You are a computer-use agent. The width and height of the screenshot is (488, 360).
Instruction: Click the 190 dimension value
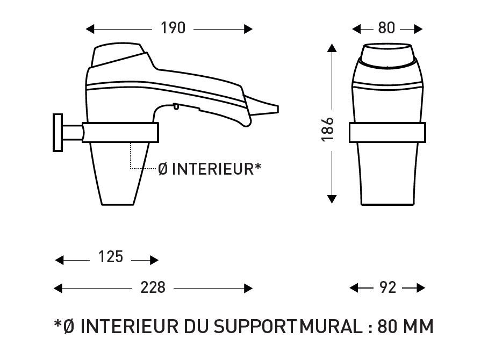173,28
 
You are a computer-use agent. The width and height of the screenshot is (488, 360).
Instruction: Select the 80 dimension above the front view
386,28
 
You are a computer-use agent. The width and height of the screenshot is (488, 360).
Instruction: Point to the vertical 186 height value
328,129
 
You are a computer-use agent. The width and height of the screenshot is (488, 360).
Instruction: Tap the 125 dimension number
111,257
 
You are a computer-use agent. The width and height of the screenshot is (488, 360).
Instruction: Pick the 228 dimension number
153,287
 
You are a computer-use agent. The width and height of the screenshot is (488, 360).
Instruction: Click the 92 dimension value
388,287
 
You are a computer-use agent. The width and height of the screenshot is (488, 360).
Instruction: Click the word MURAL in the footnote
331,326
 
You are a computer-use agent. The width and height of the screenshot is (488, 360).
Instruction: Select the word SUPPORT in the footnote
255,326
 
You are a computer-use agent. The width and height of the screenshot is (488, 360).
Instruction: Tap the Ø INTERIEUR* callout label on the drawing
210,169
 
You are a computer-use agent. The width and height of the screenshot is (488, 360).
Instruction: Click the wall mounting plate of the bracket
58,133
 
